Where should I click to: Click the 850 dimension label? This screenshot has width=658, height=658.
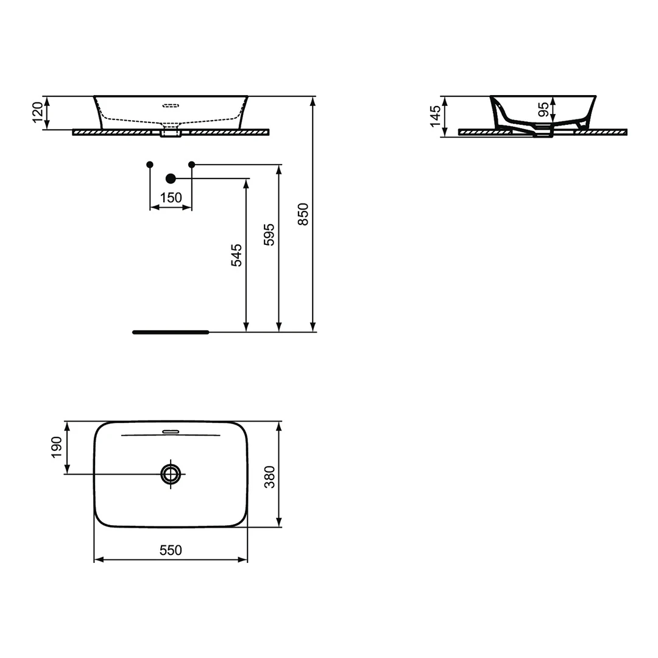303,214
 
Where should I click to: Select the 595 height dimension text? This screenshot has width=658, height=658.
269,235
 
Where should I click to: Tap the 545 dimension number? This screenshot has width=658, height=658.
236,255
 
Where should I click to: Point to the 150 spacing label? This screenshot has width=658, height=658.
171,197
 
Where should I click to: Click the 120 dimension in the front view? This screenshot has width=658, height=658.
38,113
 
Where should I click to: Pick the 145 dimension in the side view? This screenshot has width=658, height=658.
435,116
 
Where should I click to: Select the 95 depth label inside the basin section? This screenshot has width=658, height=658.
543,110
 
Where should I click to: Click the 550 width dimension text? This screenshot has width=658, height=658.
171,550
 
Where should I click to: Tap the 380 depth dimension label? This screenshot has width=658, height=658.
269,477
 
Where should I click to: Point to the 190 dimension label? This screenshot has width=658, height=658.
56,447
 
